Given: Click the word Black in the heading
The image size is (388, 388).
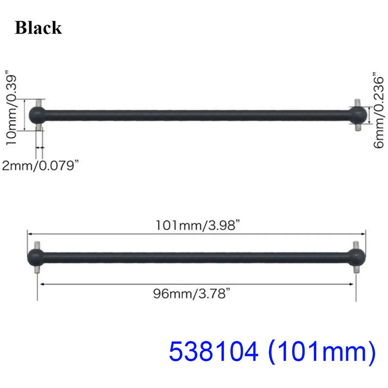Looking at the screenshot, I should point(38,28).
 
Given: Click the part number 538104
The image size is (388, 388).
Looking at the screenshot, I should point(214,352).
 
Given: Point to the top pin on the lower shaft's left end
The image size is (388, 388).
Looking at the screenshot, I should point(38,245).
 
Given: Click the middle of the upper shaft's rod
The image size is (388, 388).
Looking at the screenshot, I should point(197,115).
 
